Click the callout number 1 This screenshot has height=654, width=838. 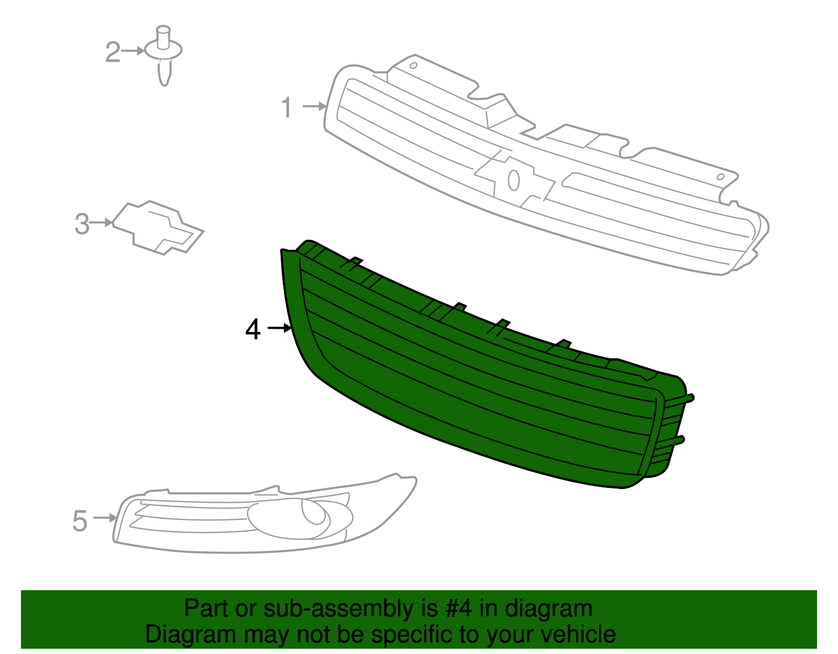point(286,107)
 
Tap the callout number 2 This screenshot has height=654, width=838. point(113,52)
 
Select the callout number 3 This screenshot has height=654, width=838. point(82,224)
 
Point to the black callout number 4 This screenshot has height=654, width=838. point(252,329)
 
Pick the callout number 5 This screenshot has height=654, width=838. point(80,521)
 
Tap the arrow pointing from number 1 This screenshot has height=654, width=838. point(314,106)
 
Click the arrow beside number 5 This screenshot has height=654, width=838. point(105,517)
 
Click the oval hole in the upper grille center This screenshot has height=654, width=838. point(514,180)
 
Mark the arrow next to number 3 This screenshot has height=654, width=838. point(101,223)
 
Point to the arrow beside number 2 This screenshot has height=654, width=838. point(133,51)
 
